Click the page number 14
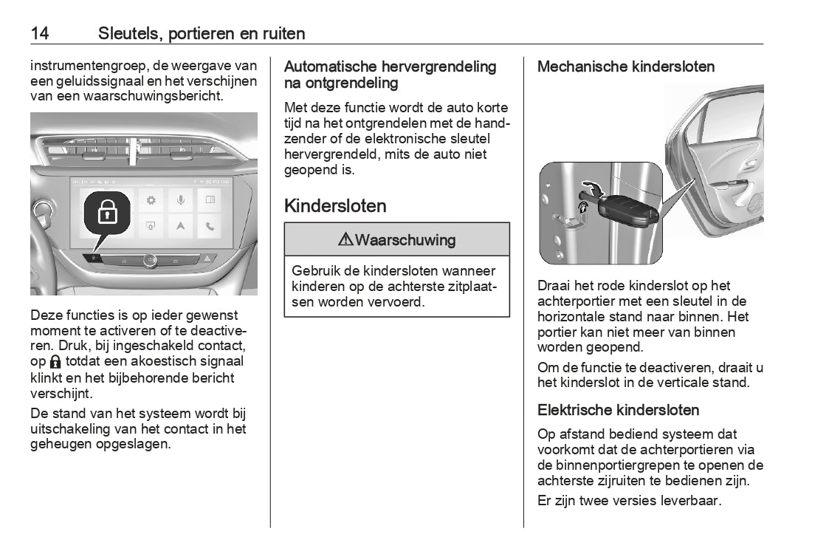coord(40,33)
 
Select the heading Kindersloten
coord(335,205)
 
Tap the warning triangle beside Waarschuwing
coord(345,240)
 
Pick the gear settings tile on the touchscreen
coord(151,199)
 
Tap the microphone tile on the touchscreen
coord(180,199)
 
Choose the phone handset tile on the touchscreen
coord(210,226)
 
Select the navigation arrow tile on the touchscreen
coord(180,226)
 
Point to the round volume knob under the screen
coord(150,259)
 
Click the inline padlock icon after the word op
coord(55,362)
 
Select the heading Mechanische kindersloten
coord(626,66)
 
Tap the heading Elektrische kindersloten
coord(618,410)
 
